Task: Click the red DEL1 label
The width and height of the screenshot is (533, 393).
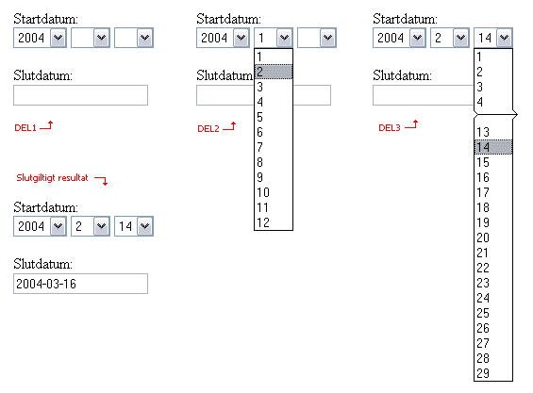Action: [x=25, y=128]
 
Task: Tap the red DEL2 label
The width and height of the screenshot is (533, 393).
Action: [x=208, y=129]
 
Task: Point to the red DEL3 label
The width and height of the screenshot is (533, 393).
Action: [x=390, y=128]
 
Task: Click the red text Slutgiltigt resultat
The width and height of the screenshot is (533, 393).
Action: [x=52, y=177]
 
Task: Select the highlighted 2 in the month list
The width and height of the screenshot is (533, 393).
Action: [x=274, y=72]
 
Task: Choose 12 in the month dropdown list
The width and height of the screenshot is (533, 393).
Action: [x=263, y=222]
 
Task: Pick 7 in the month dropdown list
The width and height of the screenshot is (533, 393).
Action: [x=260, y=147]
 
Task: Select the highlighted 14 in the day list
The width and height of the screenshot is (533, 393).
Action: [x=492, y=147]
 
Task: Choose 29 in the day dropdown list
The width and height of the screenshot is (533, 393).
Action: [x=483, y=373]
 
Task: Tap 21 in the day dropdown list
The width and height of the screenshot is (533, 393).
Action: [x=483, y=253]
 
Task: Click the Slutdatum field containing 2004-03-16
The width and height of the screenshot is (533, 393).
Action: [x=80, y=284]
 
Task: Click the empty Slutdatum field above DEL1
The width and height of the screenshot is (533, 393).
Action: [x=80, y=95]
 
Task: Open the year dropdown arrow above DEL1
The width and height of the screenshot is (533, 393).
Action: [x=58, y=38]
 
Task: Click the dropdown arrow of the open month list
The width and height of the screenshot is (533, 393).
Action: [x=284, y=38]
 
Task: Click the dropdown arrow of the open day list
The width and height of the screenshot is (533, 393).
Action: [x=504, y=38]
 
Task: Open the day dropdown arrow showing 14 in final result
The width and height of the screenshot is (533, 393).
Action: [x=145, y=226]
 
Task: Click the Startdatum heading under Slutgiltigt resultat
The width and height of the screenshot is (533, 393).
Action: [x=46, y=207]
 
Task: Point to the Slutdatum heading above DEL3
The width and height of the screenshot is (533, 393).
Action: [x=402, y=75]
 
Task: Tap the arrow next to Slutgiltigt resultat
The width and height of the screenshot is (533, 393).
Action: [x=101, y=180]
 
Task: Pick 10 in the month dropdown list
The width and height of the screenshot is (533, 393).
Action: [x=263, y=192]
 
